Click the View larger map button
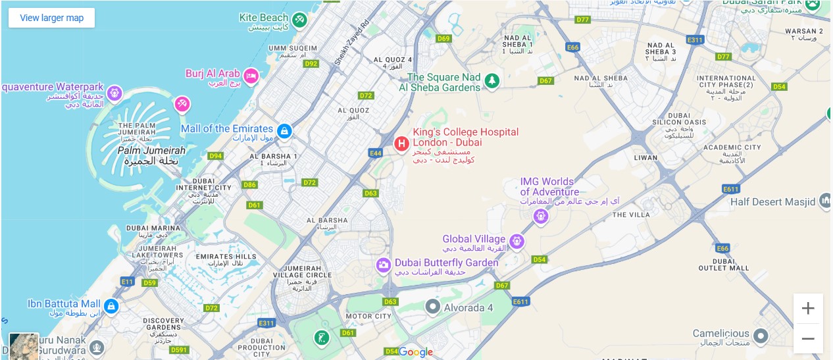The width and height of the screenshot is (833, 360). click(x=51, y=18)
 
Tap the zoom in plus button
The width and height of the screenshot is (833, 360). click(x=808, y=308)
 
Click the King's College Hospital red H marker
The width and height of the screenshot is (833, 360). click(x=401, y=143)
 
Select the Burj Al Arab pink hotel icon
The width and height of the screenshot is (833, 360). click(x=251, y=75)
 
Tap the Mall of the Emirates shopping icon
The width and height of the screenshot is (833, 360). click(x=284, y=131)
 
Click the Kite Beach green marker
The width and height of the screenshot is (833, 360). click(x=300, y=20)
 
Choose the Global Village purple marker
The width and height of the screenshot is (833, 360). click(x=517, y=242)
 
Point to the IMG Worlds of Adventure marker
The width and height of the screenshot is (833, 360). click(x=541, y=215)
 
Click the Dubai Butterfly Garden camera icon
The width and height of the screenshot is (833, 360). click(x=383, y=265)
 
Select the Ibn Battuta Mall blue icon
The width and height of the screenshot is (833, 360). click(x=111, y=306)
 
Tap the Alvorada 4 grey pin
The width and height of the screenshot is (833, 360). click(x=432, y=306)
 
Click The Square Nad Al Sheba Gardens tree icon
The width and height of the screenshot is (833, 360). click(x=492, y=81)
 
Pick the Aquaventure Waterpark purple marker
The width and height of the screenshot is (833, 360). click(x=115, y=93)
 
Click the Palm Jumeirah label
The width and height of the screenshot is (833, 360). click(x=151, y=151)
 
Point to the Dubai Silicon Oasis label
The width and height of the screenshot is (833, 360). click(x=671, y=122)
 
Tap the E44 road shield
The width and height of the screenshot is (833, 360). click(x=376, y=153)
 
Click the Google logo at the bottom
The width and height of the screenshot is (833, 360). click(x=416, y=352)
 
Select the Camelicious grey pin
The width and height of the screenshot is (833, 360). click(x=761, y=337)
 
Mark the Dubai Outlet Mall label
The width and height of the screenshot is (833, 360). click(x=723, y=264)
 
